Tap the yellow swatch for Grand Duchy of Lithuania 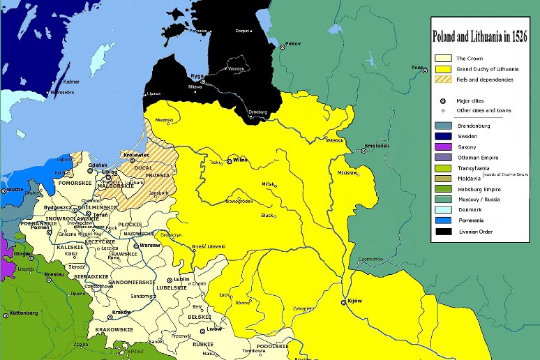pos(442,69)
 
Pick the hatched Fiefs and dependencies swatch pos(442,80)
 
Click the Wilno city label pos(240,160)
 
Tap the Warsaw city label pos(149,246)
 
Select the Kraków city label pos(122,312)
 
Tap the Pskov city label pos(293,44)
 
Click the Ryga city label pos(196,75)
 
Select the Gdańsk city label pos(98,165)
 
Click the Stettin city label pos(16,188)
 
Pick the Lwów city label pos(213,329)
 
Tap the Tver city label pos(418,67)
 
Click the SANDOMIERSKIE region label pos(136,282)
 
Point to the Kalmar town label pos(72,82)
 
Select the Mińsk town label pos(268,183)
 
